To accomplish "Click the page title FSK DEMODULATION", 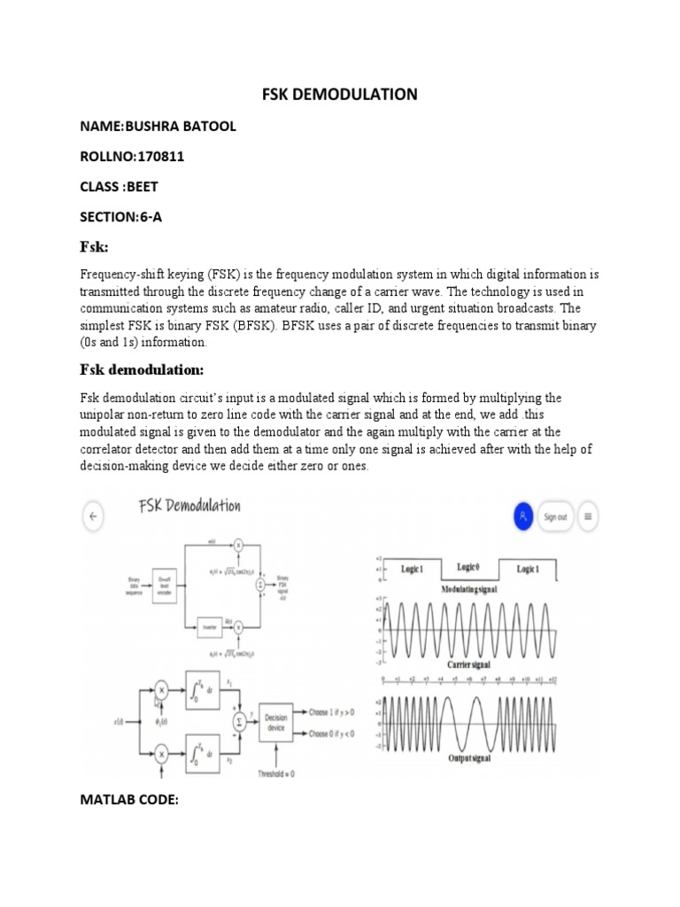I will coord(340,94).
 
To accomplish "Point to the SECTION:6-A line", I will coord(120,216).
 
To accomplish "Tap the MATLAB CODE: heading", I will coord(129,800).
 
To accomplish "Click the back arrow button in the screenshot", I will coord(93,516).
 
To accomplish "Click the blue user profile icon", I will coord(523,516).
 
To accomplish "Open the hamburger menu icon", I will coord(588,516).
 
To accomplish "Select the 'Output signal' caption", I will coord(470,760).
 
